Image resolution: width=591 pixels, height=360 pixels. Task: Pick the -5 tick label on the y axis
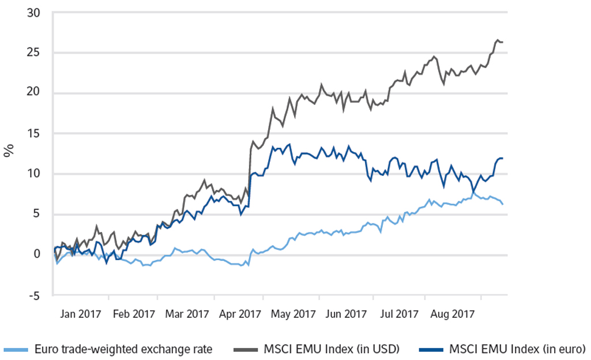point(36,295)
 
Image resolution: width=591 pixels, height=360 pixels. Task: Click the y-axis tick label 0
point(38,254)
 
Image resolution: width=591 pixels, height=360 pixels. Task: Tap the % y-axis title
point(9,152)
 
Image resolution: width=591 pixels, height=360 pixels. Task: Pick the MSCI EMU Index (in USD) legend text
point(331,348)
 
